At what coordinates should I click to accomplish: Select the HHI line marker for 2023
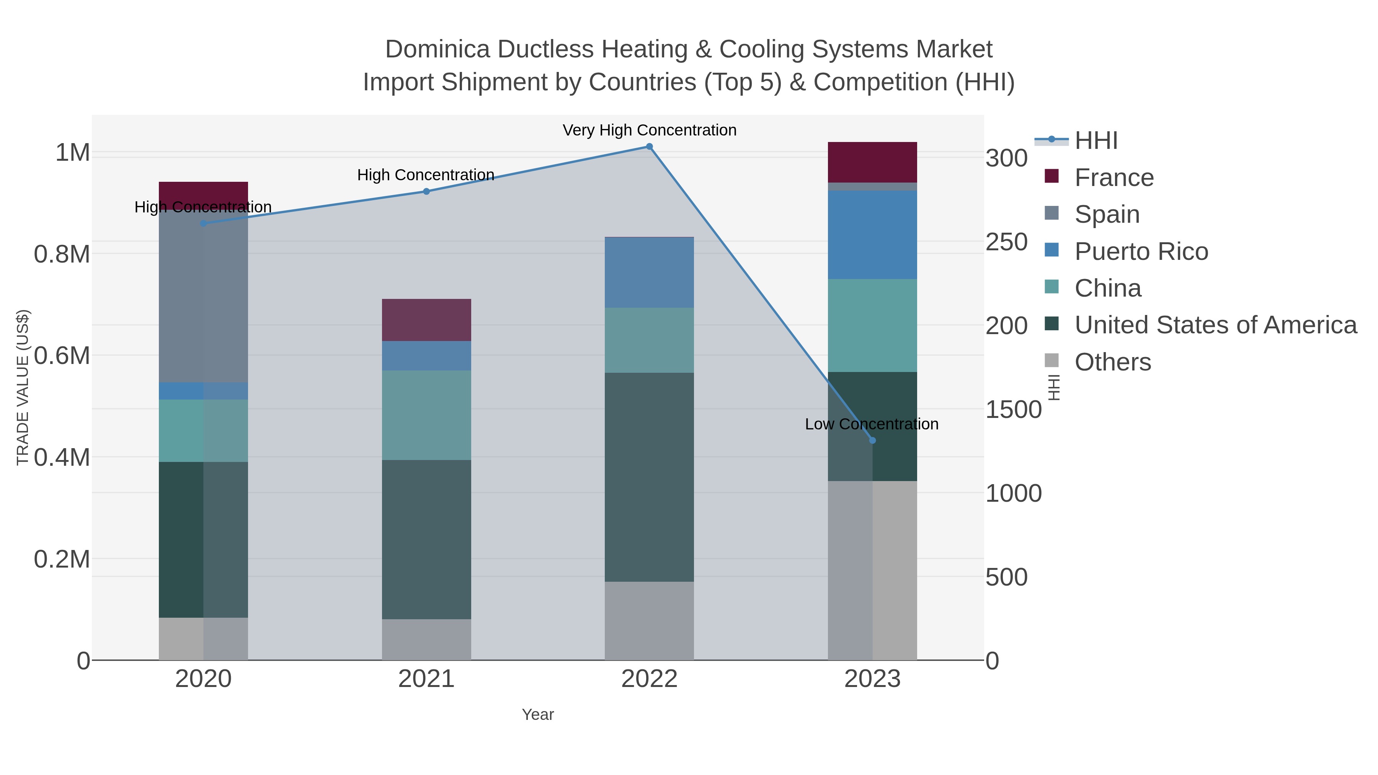point(872,440)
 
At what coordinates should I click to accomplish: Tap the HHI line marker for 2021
point(426,191)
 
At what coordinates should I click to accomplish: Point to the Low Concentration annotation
point(872,424)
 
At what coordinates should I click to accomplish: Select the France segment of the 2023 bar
point(872,162)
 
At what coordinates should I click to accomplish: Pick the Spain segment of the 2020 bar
point(203,300)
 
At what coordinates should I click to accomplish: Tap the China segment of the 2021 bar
point(426,415)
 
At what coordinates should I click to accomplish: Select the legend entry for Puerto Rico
point(1141,251)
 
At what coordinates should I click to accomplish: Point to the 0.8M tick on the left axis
point(62,254)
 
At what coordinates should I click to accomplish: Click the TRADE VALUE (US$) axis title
point(23,387)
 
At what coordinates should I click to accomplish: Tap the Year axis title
point(538,715)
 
